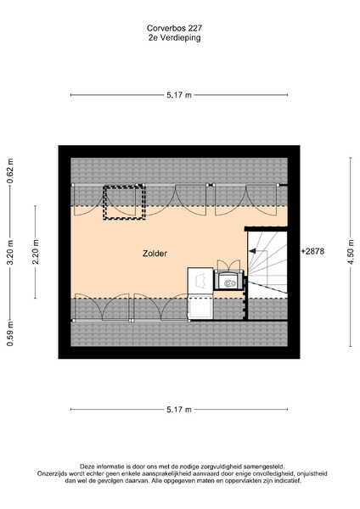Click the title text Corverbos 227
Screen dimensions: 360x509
[174, 28]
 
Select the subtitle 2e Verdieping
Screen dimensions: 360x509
[174, 37]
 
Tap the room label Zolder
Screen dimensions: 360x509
[155, 254]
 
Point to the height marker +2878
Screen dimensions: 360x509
[313, 251]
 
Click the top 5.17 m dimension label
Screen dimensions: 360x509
[179, 95]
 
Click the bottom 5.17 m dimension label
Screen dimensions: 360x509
[179, 410]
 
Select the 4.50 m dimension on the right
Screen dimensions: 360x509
[351, 252]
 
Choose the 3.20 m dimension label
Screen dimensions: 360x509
[10, 252]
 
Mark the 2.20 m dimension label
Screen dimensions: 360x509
[36, 252]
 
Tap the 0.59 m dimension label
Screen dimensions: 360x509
[10, 333]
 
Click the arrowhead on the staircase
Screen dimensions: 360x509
[252, 251]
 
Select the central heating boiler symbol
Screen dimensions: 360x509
[230, 280]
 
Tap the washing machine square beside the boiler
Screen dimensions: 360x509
[200, 279]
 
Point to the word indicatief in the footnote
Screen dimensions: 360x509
[288, 480]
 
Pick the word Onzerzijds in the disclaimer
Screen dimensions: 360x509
[51, 473]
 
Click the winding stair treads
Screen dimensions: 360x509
[267, 263]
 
